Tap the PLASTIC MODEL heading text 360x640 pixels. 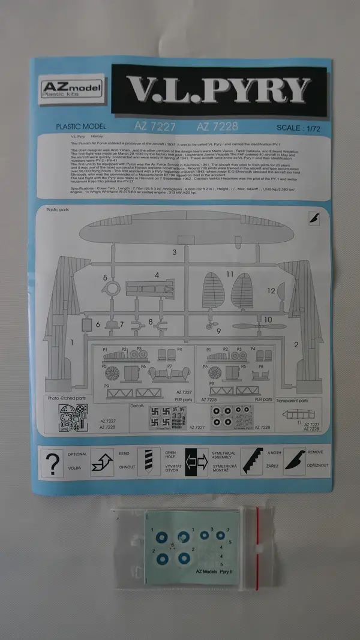pyautogui.click(x=81, y=127)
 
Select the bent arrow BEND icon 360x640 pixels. pyautogui.click(x=102, y=463)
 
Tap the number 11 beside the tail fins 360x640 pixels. pyautogui.click(x=230, y=274)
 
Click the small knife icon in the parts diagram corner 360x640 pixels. pyautogui.click(x=315, y=218)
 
